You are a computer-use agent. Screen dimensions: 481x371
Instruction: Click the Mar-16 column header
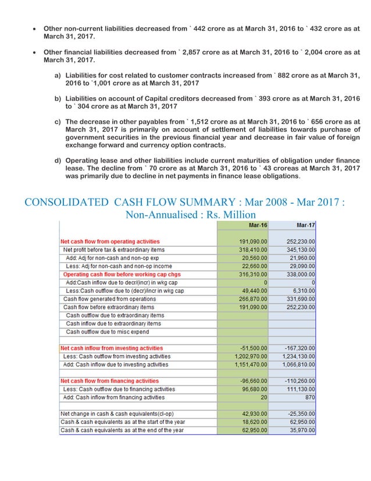[x=258, y=225]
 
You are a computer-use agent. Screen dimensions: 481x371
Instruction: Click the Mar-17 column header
[x=305, y=225]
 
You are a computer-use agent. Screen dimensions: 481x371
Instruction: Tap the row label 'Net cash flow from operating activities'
[x=110, y=241]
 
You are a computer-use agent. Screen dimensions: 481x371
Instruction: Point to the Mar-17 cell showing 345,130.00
[x=298, y=249]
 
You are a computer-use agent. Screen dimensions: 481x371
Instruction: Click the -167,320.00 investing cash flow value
[x=297, y=348]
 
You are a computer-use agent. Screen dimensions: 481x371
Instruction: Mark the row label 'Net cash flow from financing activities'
[x=110, y=381]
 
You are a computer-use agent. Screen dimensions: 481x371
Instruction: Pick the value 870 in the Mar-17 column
[x=309, y=397]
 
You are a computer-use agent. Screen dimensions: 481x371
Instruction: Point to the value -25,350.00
[x=299, y=413]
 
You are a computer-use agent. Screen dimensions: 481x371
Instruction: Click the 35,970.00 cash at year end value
[x=300, y=430]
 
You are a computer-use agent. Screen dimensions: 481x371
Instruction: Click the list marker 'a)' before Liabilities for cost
[x=58, y=76]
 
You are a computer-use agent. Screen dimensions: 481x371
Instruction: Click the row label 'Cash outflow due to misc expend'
[x=107, y=331]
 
